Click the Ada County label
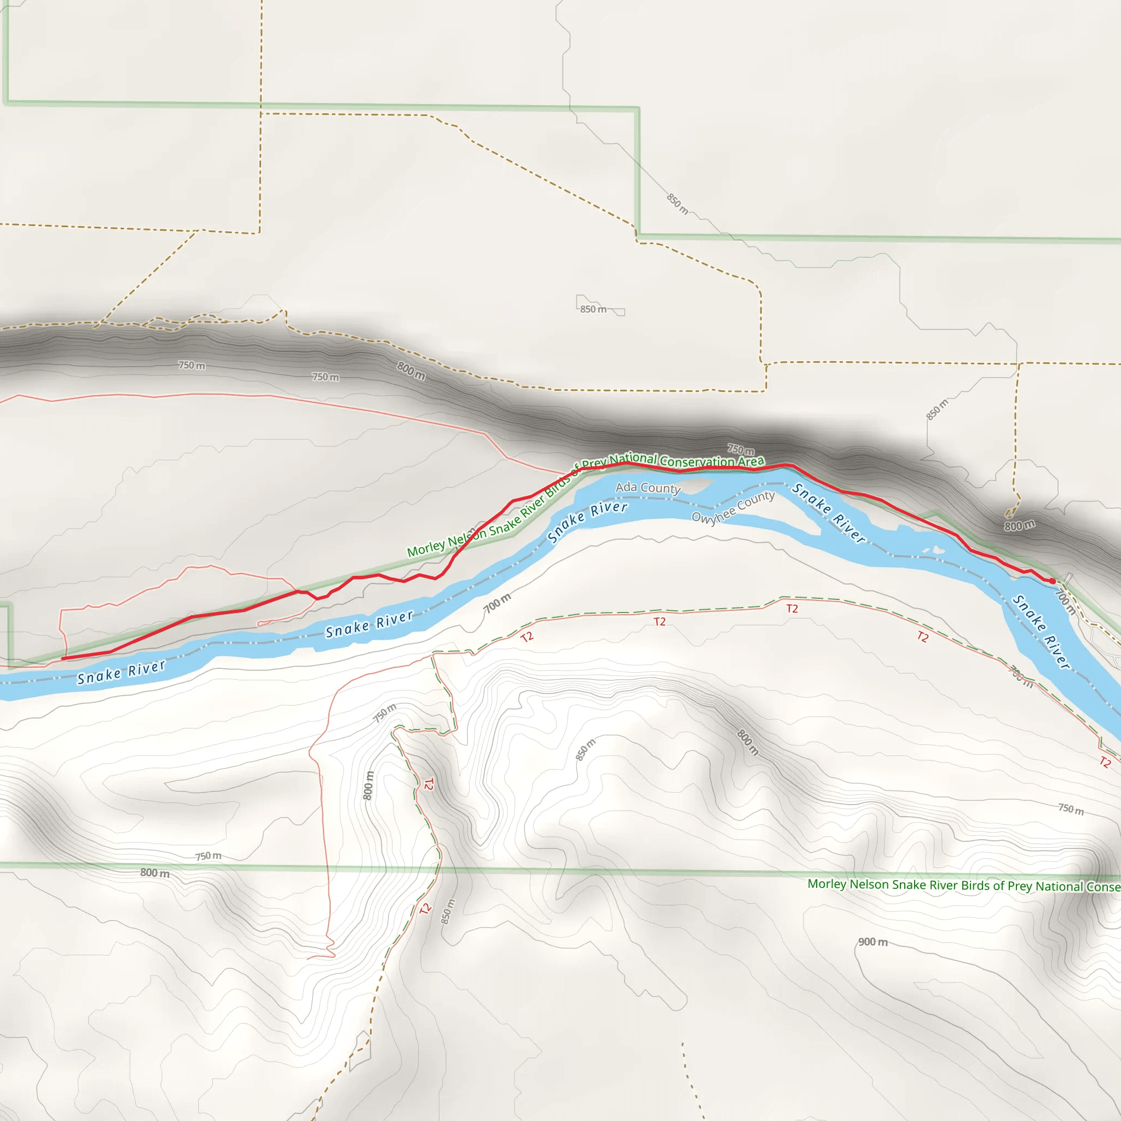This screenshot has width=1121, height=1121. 648,487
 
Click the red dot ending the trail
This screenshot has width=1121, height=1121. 1052,581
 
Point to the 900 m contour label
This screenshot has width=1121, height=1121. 872,941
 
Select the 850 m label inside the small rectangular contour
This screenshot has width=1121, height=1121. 593,309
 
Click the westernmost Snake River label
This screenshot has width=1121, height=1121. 122,672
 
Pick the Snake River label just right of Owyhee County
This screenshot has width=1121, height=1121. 829,513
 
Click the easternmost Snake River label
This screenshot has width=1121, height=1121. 1041,632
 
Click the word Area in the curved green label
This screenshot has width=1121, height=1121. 751,461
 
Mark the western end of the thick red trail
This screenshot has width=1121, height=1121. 62,658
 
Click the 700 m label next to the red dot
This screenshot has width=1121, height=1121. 1065,602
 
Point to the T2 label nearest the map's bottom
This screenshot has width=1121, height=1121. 425,909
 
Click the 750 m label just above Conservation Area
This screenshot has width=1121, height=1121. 741,450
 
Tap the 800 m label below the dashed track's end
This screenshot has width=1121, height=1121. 1019,525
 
